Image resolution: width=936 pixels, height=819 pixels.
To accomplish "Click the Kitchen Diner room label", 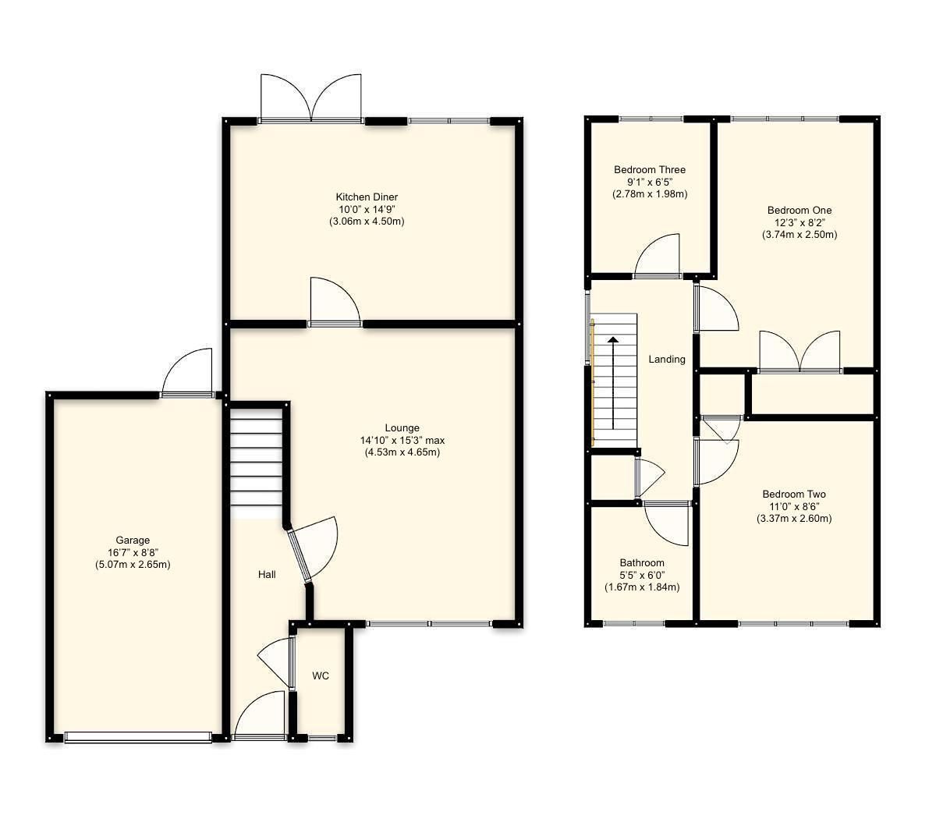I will click(367, 197).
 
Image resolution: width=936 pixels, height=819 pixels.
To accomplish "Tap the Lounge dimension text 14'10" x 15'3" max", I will click(402, 440).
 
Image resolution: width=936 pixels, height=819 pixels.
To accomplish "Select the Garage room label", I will click(133, 540).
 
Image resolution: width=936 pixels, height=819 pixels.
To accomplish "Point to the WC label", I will click(321, 675).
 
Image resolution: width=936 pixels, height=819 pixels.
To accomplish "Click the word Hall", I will click(267, 575).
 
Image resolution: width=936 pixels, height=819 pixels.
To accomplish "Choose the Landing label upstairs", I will click(667, 360).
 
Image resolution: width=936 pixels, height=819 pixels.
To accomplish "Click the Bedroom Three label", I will click(650, 169).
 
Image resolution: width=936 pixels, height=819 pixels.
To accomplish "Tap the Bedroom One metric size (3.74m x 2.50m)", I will click(799, 234).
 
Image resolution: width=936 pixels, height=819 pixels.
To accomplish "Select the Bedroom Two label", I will click(794, 494).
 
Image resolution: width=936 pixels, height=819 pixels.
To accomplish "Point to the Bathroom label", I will click(642, 562).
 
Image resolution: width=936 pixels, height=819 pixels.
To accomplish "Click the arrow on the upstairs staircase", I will click(613, 382).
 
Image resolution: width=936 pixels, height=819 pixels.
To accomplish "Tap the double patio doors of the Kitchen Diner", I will click(311, 98).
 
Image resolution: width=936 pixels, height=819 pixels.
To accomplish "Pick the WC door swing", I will click(275, 663).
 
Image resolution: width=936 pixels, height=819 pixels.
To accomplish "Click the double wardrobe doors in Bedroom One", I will click(799, 352).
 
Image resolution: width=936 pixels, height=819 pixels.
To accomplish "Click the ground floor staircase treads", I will click(255, 461).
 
